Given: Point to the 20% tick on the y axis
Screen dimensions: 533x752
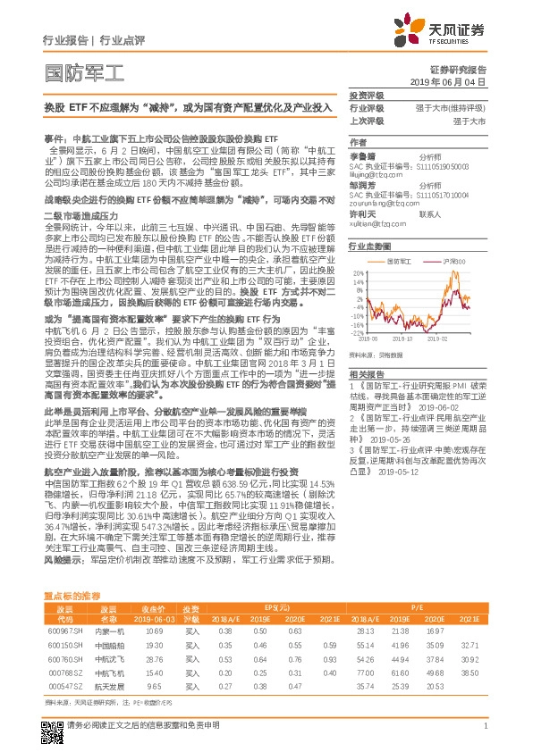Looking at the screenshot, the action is click(358, 272).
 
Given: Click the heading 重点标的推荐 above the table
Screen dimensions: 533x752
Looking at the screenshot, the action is click(73, 594).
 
